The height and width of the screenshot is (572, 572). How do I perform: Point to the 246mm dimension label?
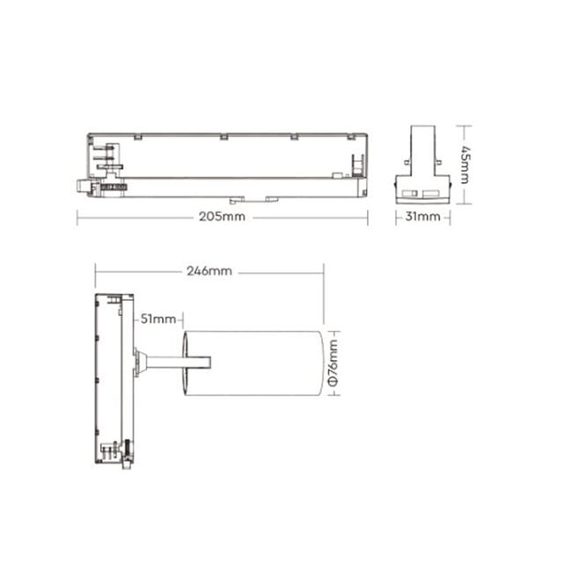[209, 271]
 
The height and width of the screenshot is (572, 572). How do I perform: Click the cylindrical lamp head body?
[255, 362]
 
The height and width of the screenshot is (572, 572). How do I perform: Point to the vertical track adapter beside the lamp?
[114, 377]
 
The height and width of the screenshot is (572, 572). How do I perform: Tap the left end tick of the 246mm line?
[95, 271]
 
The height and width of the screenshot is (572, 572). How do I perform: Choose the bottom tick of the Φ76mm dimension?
[333, 395]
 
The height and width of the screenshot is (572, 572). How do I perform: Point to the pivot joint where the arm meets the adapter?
[139, 361]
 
